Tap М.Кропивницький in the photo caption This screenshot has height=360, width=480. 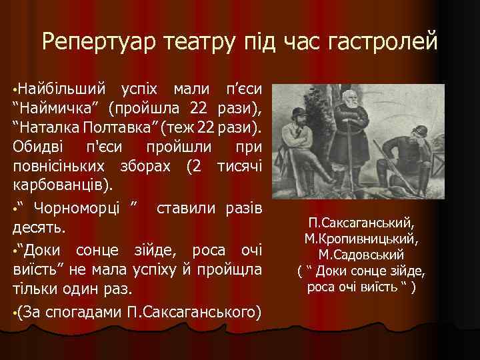pyautogui.click(x=361, y=239)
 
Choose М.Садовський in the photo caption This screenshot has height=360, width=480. pyautogui.click(x=361, y=255)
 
